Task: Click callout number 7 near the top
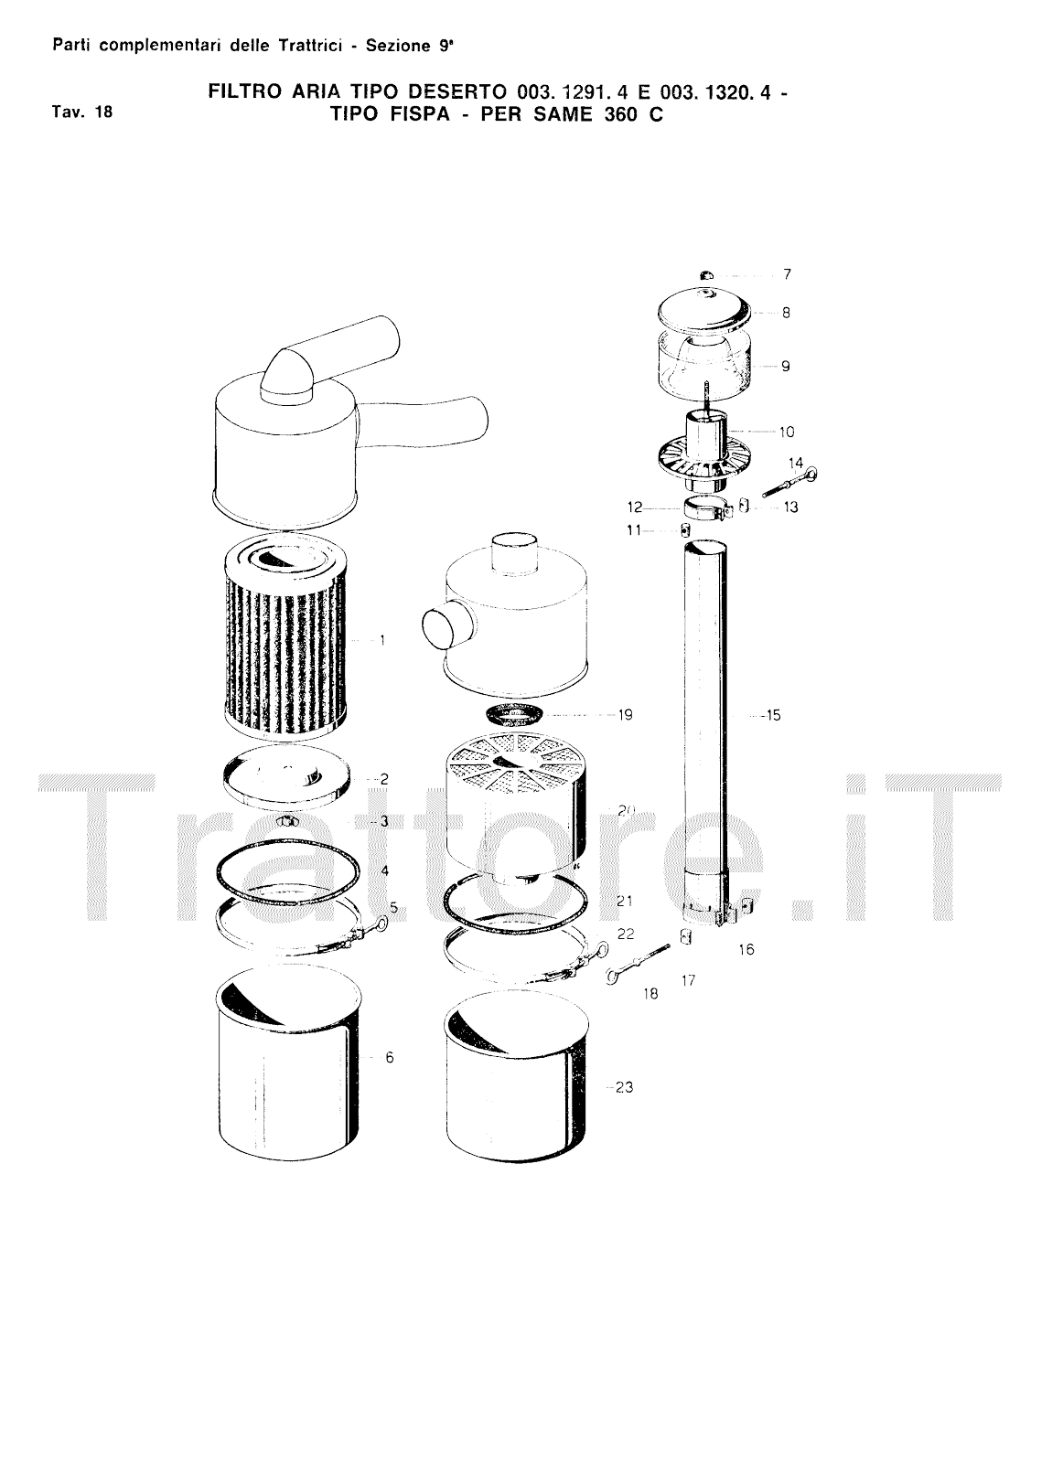point(787,274)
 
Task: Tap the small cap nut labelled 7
point(703,275)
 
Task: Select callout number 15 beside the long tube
point(773,715)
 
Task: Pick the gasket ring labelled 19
point(517,714)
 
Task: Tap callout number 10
point(787,432)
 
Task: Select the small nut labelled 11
point(684,529)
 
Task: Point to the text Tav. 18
point(82,112)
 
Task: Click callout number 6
point(390,1057)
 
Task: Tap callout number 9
point(785,367)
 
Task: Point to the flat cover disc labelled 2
point(286,777)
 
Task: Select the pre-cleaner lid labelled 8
point(704,310)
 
